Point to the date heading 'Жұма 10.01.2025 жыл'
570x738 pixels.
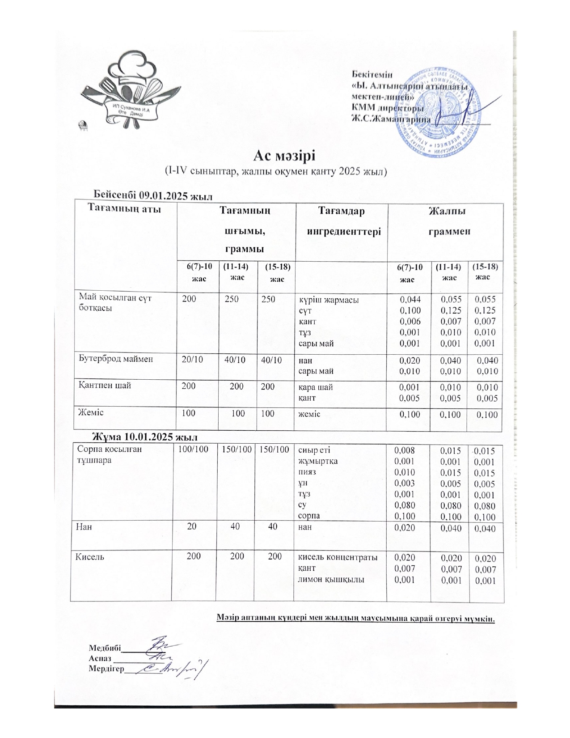[145, 437]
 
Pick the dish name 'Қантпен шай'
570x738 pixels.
[105, 386]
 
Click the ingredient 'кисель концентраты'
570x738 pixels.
[338, 557]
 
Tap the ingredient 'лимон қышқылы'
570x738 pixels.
[331, 580]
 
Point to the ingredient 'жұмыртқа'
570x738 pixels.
[318, 461]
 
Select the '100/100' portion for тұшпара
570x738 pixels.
[193, 449]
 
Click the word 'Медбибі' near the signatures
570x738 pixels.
[105, 648]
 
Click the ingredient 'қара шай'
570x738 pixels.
[315, 387]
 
